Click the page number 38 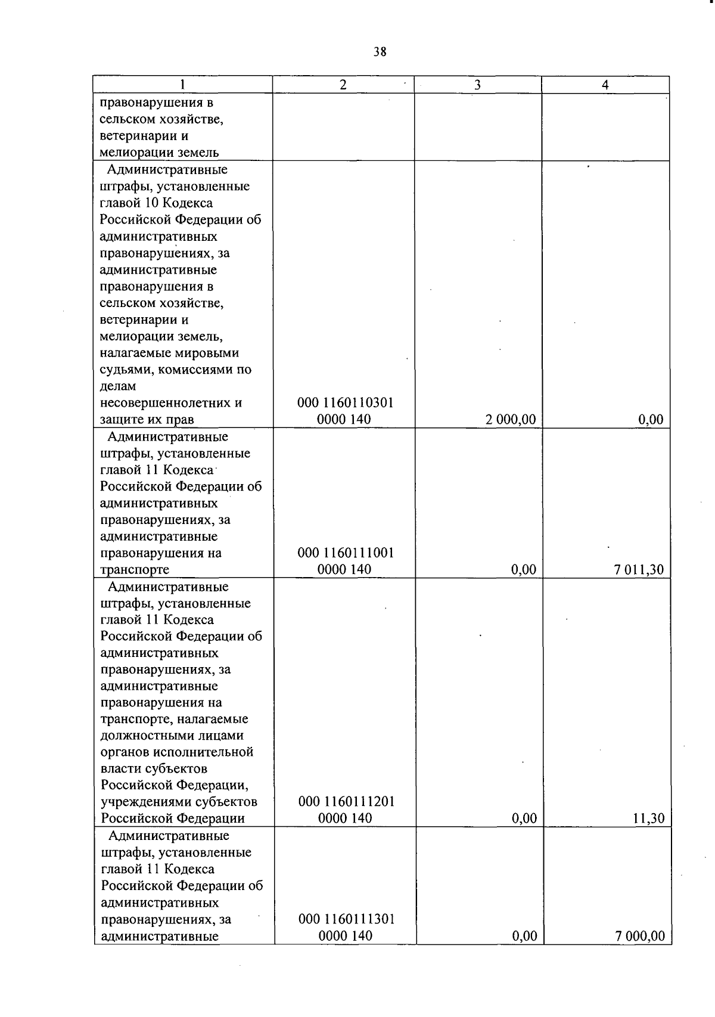pyautogui.click(x=380, y=52)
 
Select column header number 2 pyautogui.click(x=343, y=85)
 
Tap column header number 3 pyautogui.click(x=477, y=85)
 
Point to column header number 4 pyautogui.click(x=605, y=85)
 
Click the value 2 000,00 pyautogui.click(x=510, y=420)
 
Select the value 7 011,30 pyautogui.click(x=639, y=569)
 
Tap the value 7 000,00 pyautogui.click(x=640, y=936)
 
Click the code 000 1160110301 pyautogui.click(x=346, y=403)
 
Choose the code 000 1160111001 pyautogui.click(x=346, y=553)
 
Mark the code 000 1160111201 pyautogui.click(x=346, y=802)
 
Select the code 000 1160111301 pyautogui.click(x=346, y=919)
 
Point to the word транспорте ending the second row pyautogui.click(x=135, y=569)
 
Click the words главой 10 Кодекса pyautogui.click(x=156, y=203)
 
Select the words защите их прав pyautogui.click(x=147, y=420)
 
